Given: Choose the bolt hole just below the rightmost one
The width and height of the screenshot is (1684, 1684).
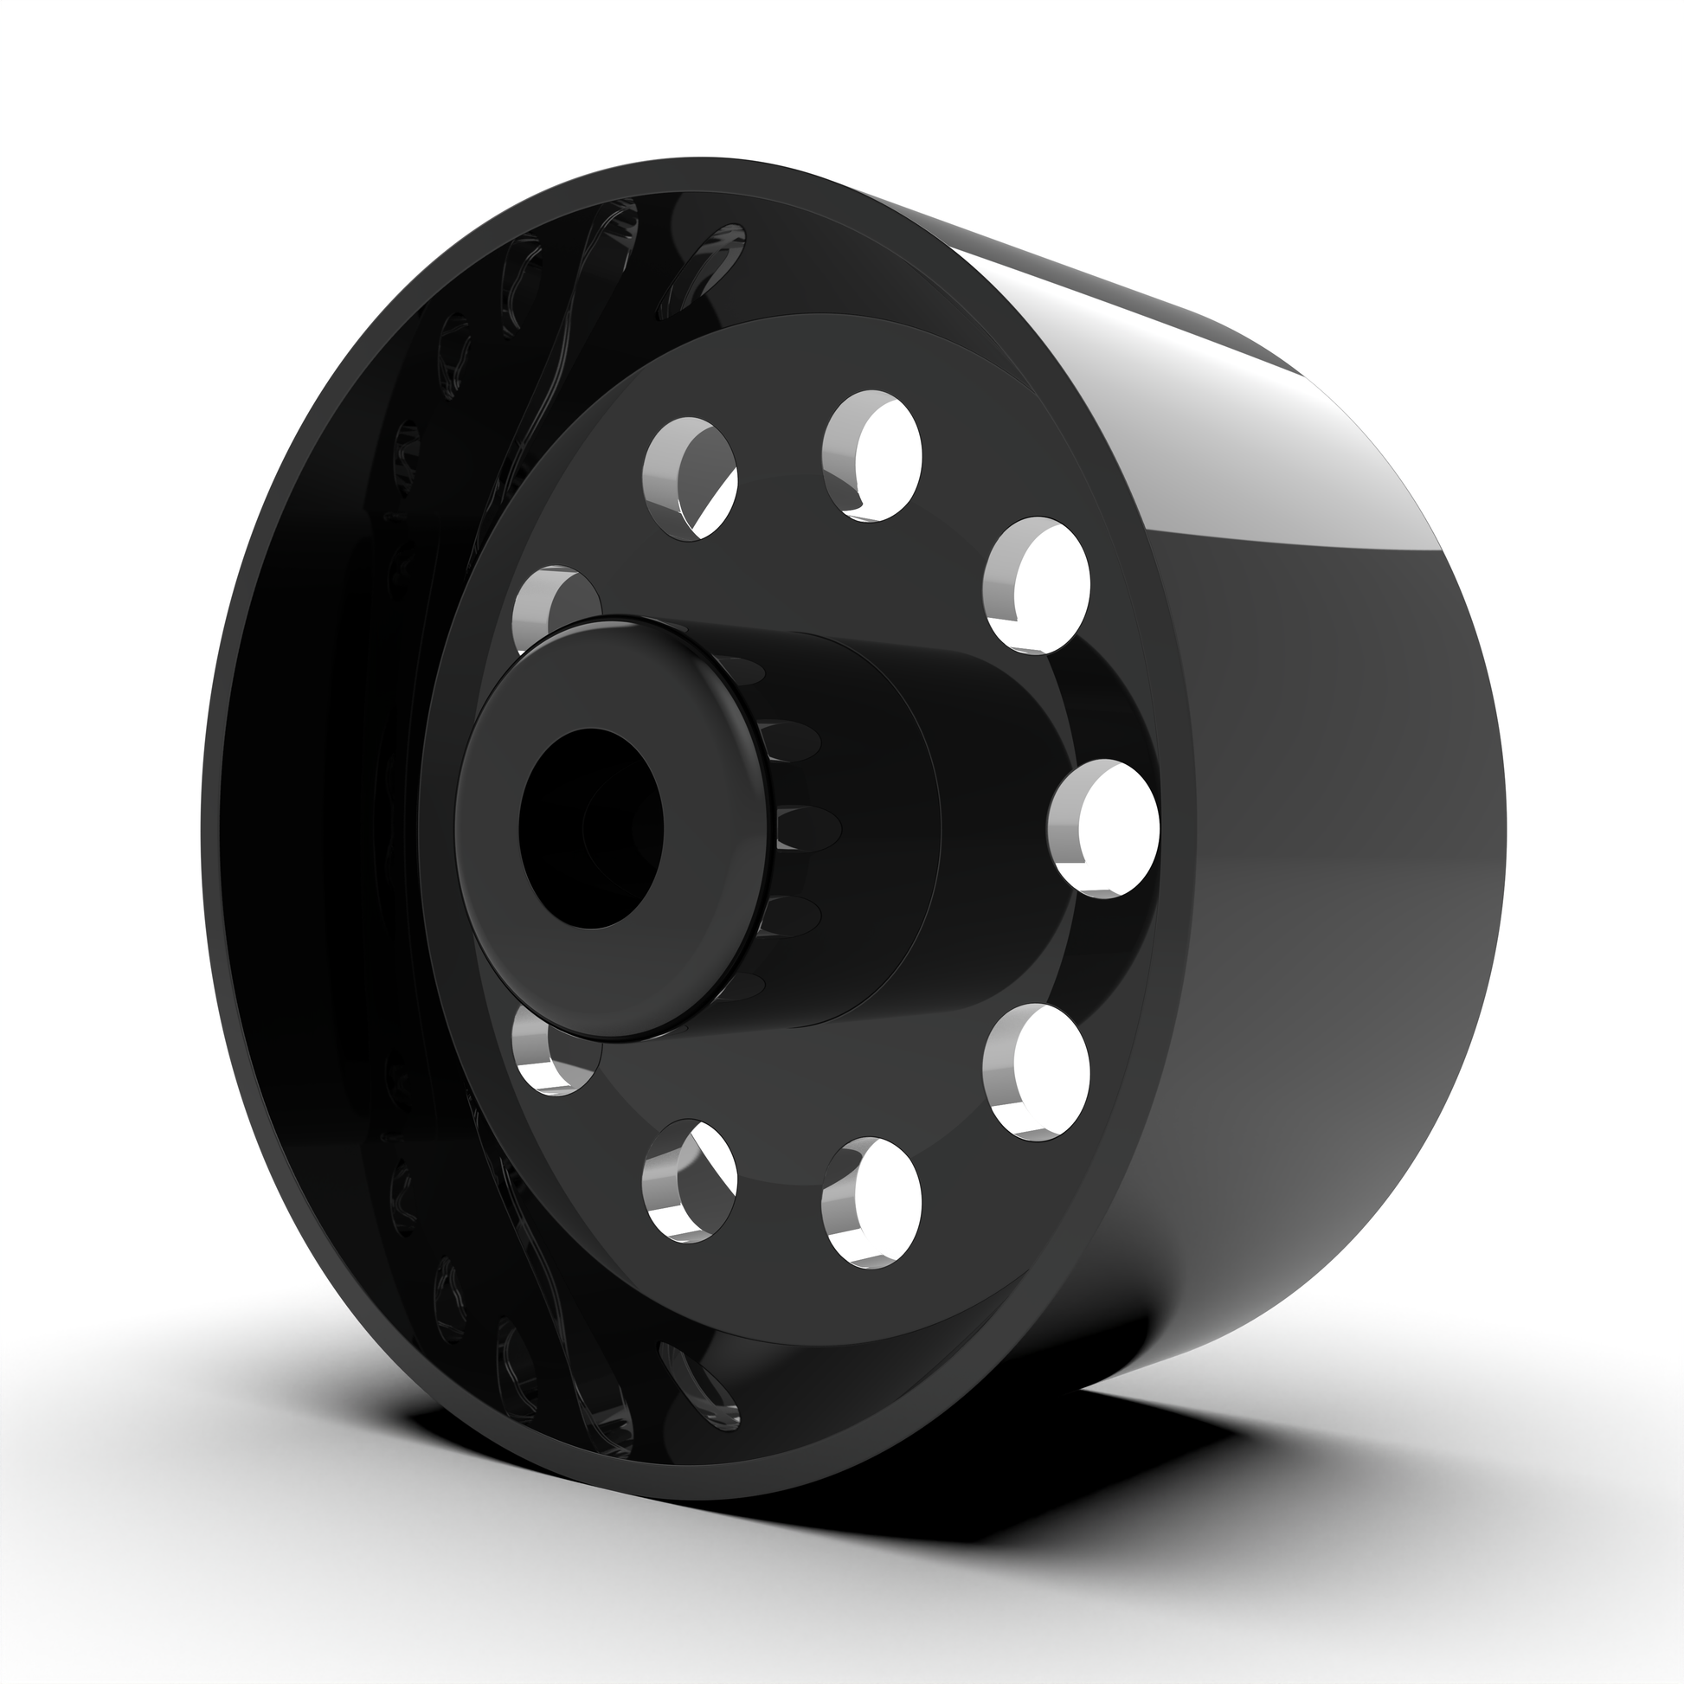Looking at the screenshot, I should [1038, 1072].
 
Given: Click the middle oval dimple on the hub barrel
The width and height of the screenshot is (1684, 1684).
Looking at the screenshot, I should [811, 824].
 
